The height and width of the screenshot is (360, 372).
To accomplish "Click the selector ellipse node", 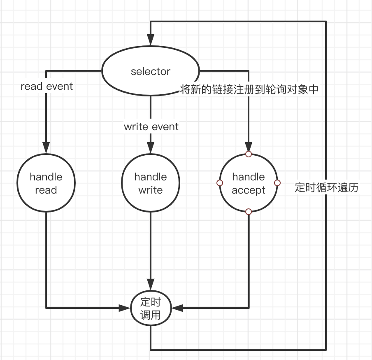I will click(x=150, y=71).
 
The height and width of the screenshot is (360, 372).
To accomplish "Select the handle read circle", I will click(x=46, y=183).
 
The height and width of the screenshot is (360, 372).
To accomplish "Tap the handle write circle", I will click(x=150, y=183).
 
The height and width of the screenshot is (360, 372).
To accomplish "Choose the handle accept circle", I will click(x=249, y=183).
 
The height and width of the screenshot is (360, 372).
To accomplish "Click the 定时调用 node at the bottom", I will click(x=150, y=309).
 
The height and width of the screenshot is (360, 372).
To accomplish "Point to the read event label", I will click(x=46, y=86).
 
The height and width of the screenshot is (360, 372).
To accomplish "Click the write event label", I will click(x=151, y=126).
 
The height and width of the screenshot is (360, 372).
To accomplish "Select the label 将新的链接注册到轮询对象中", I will click(x=249, y=89).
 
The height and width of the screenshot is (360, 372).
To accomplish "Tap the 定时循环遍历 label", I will click(x=327, y=188).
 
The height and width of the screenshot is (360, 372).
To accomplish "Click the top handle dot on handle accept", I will click(x=248, y=154).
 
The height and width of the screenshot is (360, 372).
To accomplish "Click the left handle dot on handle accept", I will click(x=220, y=183).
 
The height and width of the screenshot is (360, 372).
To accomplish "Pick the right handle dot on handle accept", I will click(x=277, y=183).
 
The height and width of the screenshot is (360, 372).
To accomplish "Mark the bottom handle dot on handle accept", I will click(x=248, y=211).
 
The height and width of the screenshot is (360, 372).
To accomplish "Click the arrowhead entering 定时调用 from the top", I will click(x=150, y=285).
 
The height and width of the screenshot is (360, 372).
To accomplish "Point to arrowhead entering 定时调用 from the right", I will click(x=177, y=308).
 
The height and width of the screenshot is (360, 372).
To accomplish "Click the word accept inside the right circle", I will click(x=248, y=190).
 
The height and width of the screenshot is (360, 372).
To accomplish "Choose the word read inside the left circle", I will click(x=46, y=190).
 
